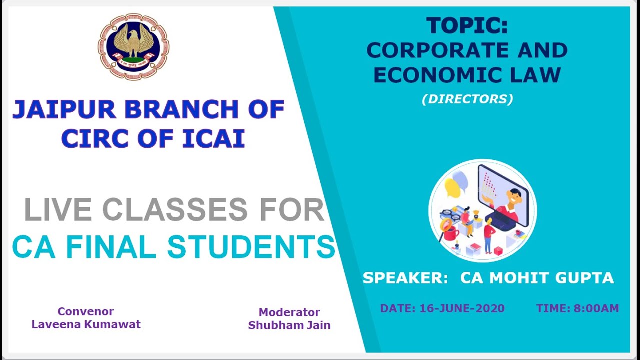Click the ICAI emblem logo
click(x=133, y=46)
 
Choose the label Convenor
click(x=86, y=312)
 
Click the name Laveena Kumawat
click(x=86, y=324)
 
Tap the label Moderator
click(x=289, y=312)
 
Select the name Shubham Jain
click(x=289, y=325)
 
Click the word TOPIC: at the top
click(x=467, y=26)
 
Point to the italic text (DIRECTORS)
click(x=467, y=99)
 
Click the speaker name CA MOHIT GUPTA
click(x=537, y=278)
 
